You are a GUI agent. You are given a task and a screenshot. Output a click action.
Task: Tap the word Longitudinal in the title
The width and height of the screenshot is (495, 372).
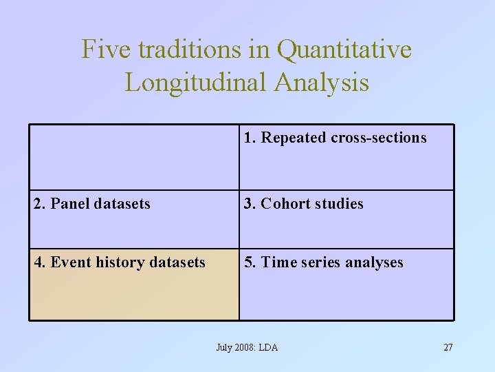(x=197, y=83)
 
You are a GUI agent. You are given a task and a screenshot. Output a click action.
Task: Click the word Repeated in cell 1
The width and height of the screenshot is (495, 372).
(x=294, y=138)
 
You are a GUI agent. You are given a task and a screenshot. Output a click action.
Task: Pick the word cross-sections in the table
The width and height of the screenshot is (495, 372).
(x=379, y=138)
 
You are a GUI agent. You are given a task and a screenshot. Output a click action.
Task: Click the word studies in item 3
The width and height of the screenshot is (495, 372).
(x=340, y=204)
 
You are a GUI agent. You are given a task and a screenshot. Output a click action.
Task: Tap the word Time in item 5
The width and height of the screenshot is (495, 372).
(x=279, y=262)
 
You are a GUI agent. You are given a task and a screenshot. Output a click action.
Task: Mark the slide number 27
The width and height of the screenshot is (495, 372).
(x=448, y=347)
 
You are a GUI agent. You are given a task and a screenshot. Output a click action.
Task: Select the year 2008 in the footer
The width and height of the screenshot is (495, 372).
(x=243, y=347)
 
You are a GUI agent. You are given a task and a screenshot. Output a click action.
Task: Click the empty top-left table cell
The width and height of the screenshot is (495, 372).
(x=134, y=157)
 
